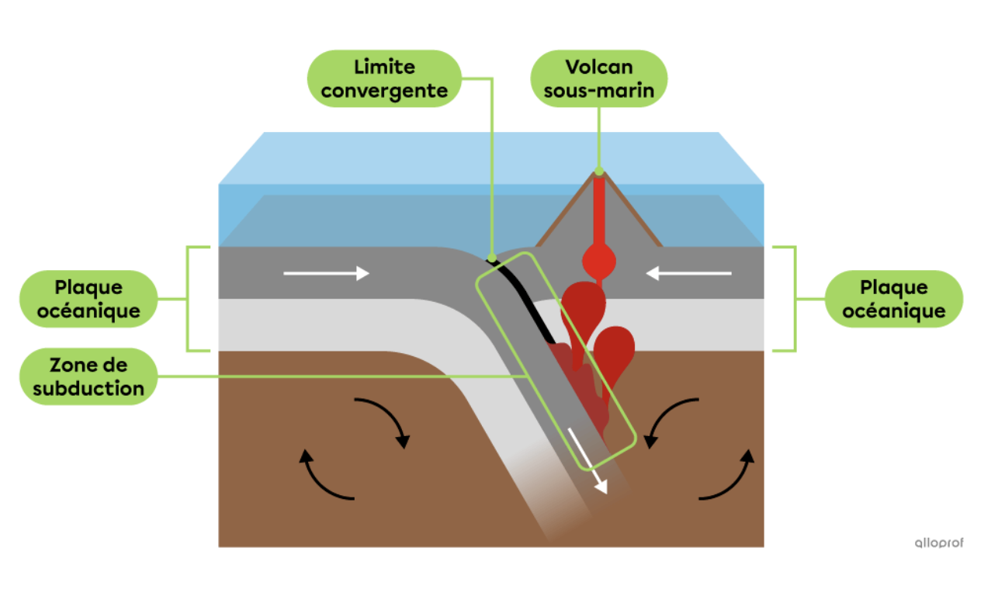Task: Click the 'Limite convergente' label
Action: [385, 78]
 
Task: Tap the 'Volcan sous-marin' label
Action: [598, 78]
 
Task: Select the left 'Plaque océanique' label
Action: [88, 299]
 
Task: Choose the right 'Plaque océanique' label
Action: [893, 299]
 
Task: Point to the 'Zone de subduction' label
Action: [88, 376]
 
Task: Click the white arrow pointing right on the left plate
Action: [326, 273]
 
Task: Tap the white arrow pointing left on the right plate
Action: [689, 273]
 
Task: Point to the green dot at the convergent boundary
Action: [492, 257]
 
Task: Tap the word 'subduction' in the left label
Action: [88, 388]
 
